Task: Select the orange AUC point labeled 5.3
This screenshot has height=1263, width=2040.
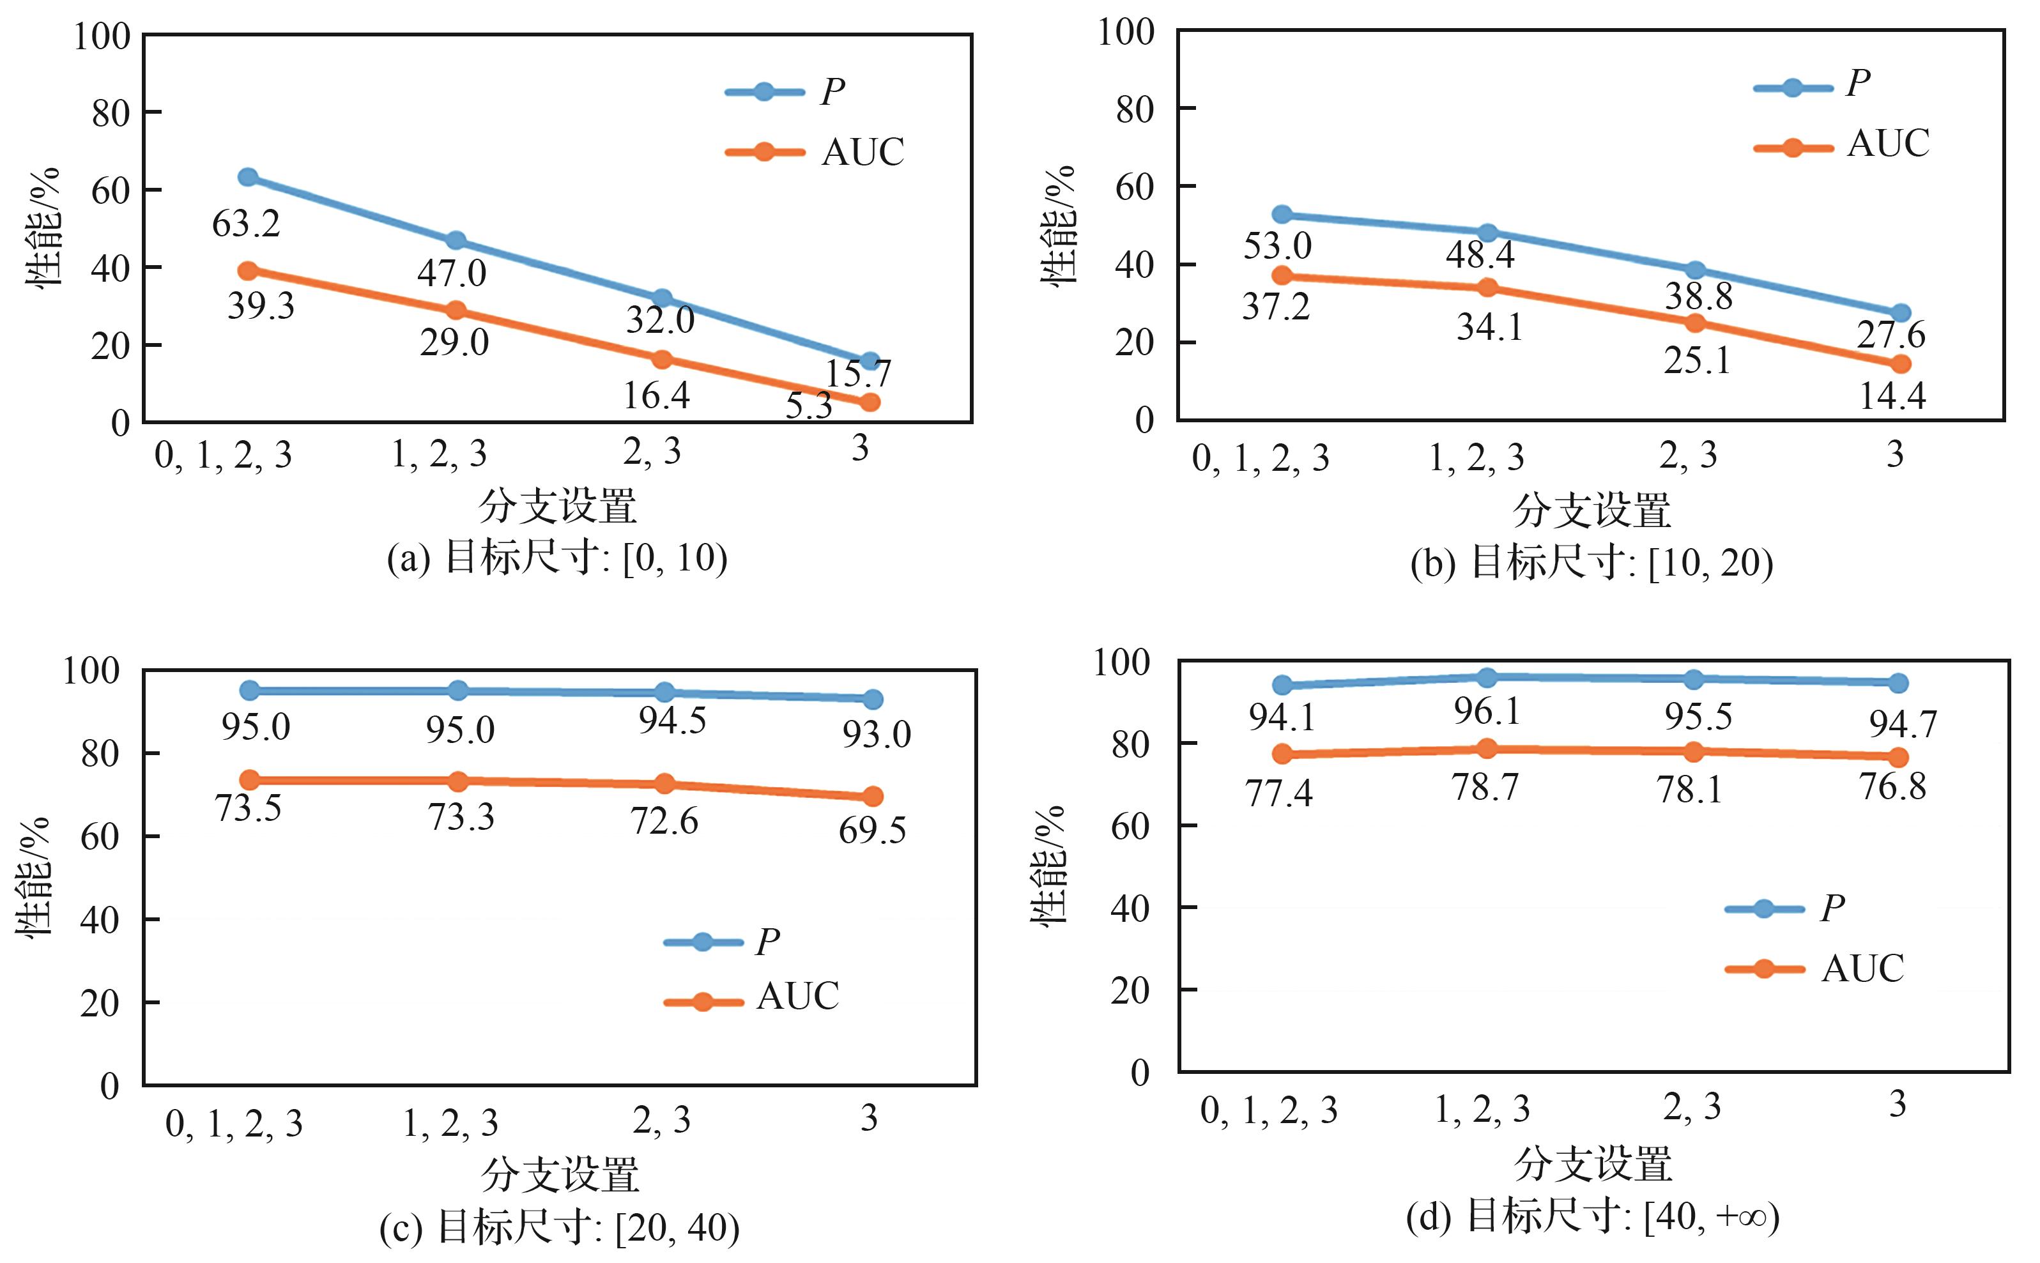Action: tap(870, 402)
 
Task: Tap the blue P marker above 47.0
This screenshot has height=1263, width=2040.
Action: tap(456, 241)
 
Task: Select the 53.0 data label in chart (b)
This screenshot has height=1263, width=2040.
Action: tap(1277, 245)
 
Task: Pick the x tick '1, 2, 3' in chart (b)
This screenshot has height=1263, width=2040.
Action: tap(1476, 457)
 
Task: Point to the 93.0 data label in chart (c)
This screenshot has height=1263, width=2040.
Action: tap(875, 734)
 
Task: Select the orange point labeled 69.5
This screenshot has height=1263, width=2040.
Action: tap(872, 796)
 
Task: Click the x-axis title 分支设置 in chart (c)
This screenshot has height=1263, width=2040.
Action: tap(560, 1174)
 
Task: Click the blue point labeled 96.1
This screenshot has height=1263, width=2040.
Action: tap(1487, 677)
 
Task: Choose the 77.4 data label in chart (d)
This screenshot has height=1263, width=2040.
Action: tap(1278, 792)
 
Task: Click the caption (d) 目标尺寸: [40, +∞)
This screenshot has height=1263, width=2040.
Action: tap(1592, 1217)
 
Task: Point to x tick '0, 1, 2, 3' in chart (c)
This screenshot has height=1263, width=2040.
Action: tap(234, 1124)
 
